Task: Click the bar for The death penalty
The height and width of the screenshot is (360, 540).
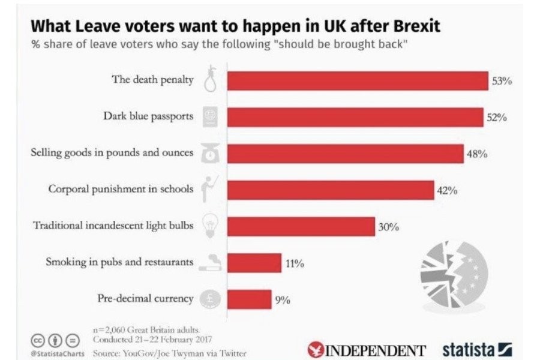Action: pos(357,80)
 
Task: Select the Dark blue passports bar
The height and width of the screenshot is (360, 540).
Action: pos(355,116)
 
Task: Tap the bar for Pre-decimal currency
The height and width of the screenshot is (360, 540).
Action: pos(249,299)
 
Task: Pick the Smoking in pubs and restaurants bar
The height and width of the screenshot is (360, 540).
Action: pos(254,263)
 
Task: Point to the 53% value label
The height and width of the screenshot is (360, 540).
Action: pos(502,82)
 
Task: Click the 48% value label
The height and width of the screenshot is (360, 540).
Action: pos(477,154)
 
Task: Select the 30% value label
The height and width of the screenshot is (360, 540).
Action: pos(388,227)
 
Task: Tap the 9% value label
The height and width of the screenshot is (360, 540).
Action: pos(283,300)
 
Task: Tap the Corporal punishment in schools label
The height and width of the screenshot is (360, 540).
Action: pos(121,189)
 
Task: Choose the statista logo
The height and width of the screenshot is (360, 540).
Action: pos(477,349)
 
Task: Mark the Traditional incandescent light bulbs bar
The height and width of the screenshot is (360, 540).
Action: pos(301,226)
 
